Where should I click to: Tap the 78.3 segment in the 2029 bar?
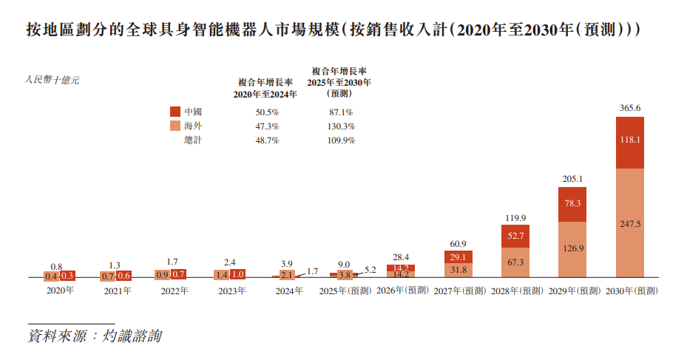click(x=572, y=204)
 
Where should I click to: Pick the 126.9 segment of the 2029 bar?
click(x=572, y=249)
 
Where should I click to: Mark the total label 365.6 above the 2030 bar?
click(x=630, y=108)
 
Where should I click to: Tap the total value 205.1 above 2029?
click(x=572, y=179)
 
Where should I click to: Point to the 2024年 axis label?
click(x=289, y=291)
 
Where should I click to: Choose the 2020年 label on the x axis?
click(x=60, y=291)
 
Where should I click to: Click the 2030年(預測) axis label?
click(x=632, y=291)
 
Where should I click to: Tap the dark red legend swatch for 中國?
click(x=175, y=112)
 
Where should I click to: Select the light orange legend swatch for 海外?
click(x=175, y=126)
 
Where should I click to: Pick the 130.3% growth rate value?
click(x=341, y=126)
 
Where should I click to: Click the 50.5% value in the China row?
click(x=266, y=112)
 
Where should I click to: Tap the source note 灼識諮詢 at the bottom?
click(x=133, y=336)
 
